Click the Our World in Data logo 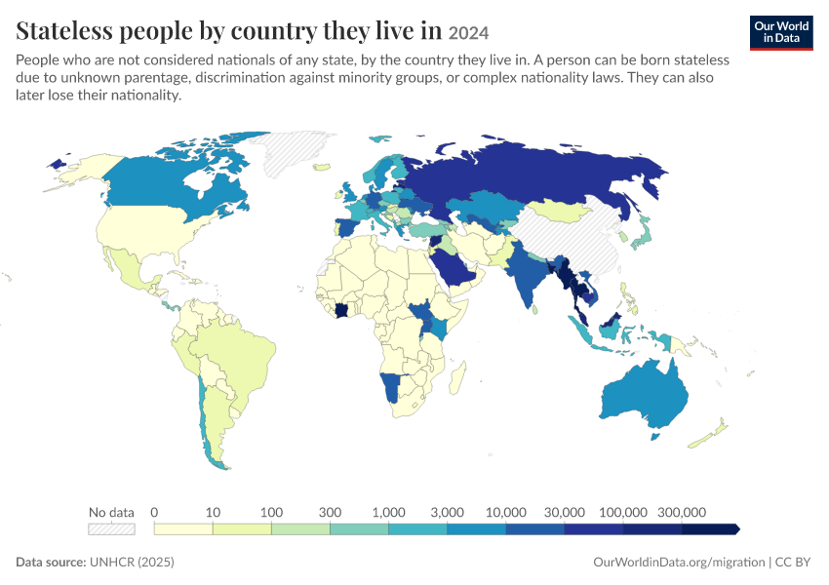(x=781, y=33)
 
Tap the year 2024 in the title (x=468, y=33)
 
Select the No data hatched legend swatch (x=111, y=529)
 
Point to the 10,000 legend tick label (x=506, y=512)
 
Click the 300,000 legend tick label (x=682, y=512)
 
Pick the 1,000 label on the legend (x=388, y=512)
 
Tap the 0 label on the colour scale (x=154, y=512)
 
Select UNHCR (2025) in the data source (x=132, y=562)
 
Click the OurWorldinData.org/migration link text (x=679, y=562)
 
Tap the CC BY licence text (x=793, y=562)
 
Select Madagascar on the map (x=457, y=376)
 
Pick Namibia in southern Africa (x=392, y=387)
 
